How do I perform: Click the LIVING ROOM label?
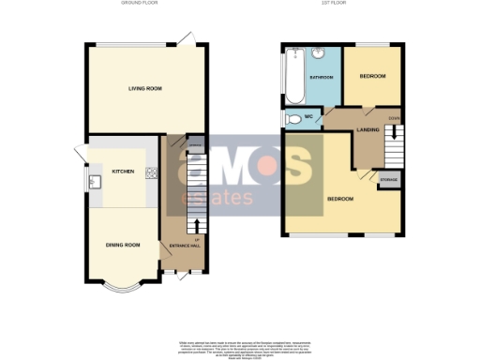(x=145, y=88)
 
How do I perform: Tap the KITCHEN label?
(x=124, y=172)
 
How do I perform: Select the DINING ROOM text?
(x=122, y=245)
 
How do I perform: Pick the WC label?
(x=307, y=117)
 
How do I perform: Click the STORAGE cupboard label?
(x=388, y=178)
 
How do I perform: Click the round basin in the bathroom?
(x=320, y=52)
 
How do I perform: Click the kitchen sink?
(x=96, y=182)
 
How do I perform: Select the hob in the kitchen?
(x=151, y=172)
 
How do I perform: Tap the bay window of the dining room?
(x=122, y=285)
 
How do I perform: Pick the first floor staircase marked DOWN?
(x=394, y=141)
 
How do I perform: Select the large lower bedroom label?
(x=340, y=200)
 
